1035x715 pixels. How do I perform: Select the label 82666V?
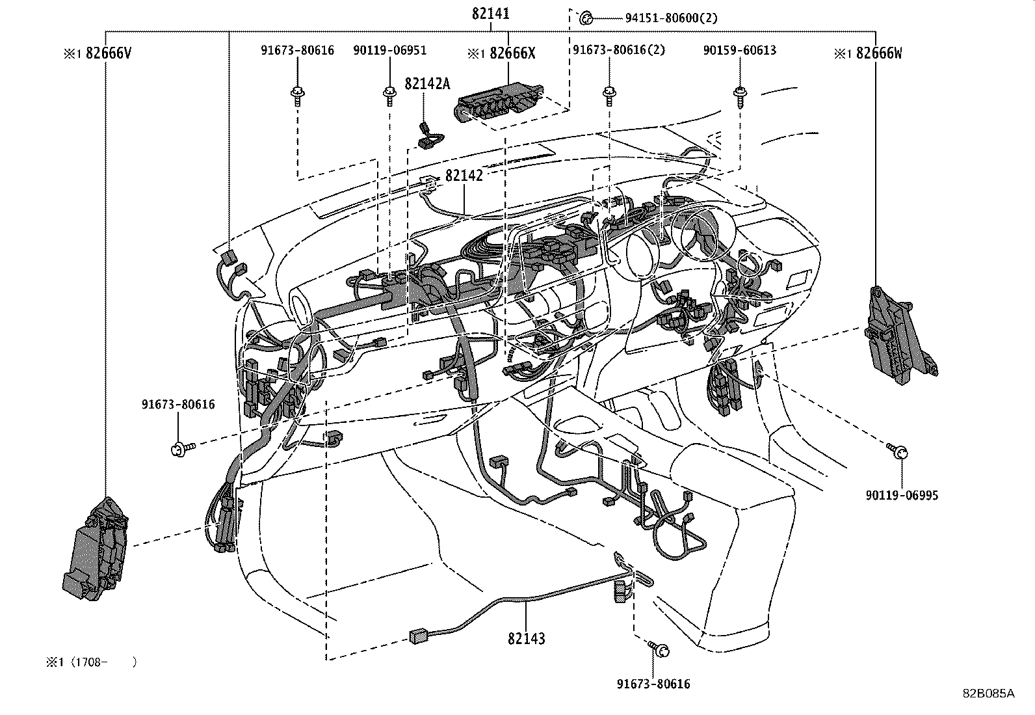click(x=108, y=53)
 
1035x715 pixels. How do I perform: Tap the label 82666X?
click(x=512, y=53)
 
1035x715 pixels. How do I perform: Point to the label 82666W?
click(x=878, y=53)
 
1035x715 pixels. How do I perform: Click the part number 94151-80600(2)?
click(x=671, y=18)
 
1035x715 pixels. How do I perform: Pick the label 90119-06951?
click(x=390, y=50)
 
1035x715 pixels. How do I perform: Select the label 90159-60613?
click(x=739, y=50)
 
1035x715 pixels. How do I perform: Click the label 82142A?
click(x=427, y=83)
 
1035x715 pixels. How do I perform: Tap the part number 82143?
click(x=527, y=638)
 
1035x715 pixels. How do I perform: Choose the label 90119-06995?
click(x=902, y=495)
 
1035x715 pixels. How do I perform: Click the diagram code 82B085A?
click(x=988, y=694)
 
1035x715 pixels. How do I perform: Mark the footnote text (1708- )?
click(x=104, y=662)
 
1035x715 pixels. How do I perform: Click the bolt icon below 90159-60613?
click(x=739, y=95)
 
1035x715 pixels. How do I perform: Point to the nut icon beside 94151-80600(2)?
click(x=585, y=18)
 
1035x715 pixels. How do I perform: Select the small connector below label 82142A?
click(x=428, y=136)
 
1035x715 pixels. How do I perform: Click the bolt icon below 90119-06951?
click(x=389, y=96)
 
